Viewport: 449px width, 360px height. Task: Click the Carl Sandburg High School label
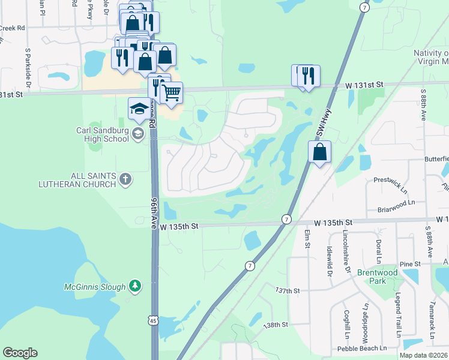(x=102, y=134)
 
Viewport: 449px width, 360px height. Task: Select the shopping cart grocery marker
(x=172, y=92)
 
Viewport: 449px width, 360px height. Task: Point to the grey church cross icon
(x=125, y=178)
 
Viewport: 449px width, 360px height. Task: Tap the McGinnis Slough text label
(x=95, y=287)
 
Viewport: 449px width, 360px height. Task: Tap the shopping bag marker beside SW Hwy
(x=321, y=152)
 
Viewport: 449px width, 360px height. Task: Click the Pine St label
(x=410, y=264)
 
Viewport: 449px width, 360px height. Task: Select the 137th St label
(x=288, y=290)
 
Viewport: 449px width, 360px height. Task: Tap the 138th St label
(x=276, y=325)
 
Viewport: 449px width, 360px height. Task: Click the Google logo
(x=20, y=353)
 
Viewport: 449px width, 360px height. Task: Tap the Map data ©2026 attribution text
(x=423, y=355)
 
